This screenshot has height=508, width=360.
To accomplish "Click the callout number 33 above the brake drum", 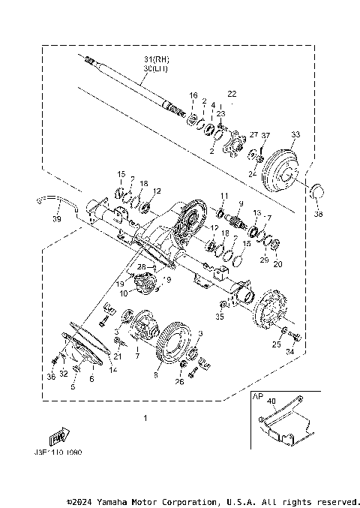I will click(x=295, y=135).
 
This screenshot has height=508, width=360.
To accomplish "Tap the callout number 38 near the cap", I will click(x=319, y=214).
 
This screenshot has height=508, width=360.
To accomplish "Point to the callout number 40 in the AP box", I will click(x=272, y=401).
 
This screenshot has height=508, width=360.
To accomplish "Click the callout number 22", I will click(x=231, y=95).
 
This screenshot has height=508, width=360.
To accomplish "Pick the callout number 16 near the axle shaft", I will click(x=193, y=95).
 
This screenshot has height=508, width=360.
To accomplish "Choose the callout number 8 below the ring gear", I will click(x=157, y=368).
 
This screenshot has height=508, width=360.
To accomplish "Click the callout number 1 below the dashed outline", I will click(x=146, y=418).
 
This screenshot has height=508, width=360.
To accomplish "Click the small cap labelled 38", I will click(x=318, y=194).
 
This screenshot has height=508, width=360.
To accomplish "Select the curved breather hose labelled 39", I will click(x=58, y=199).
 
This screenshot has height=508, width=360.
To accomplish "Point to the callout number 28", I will click(x=140, y=267).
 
